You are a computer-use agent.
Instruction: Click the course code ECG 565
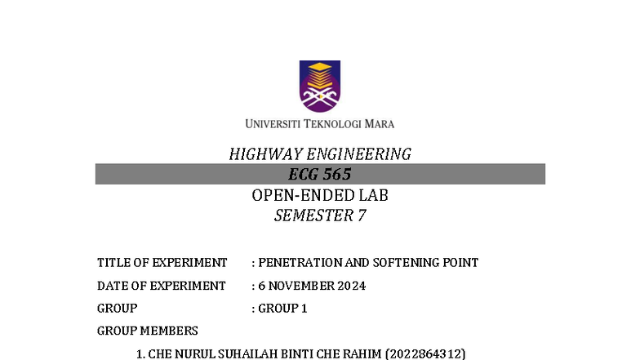(x=319, y=174)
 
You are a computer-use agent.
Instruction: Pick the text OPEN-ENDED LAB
(x=319, y=195)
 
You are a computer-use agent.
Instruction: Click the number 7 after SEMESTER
(x=362, y=216)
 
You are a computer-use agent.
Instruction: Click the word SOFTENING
(x=404, y=263)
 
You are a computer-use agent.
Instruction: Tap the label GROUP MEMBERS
(x=147, y=331)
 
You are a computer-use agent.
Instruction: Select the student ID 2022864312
(x=425, y=353)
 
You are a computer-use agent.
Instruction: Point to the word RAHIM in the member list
(x=360, y=353)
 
